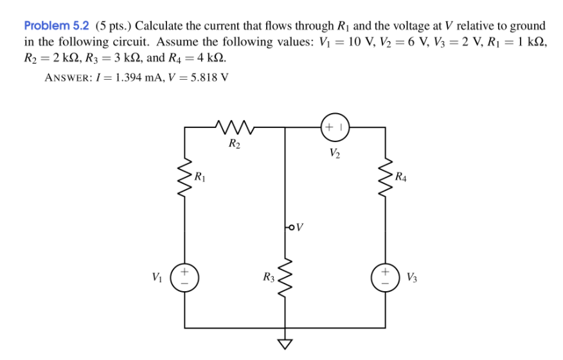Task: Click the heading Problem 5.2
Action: (x=57, y=26)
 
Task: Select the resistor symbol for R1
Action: (x=185, y=176)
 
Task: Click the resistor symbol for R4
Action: (x=386, y=176)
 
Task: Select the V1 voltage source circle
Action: (x=185, y=278)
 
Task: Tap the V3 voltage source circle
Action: (x=386, y=278)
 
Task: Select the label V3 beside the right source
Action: (x=412, y=278)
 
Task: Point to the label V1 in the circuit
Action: (x=157, y=278)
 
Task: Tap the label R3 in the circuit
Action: (x=269, y=278)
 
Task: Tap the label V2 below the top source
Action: (x=334, y=153)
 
